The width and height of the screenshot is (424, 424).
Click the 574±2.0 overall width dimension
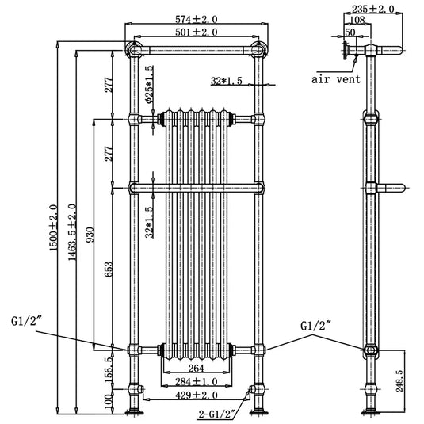(195, 18)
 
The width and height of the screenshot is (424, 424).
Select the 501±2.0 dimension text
(195, 32)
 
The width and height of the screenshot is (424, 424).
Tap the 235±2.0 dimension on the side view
(372, 10)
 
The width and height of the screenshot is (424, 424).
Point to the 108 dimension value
(358, 22)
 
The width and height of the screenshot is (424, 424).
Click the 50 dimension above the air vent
(350, 33)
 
